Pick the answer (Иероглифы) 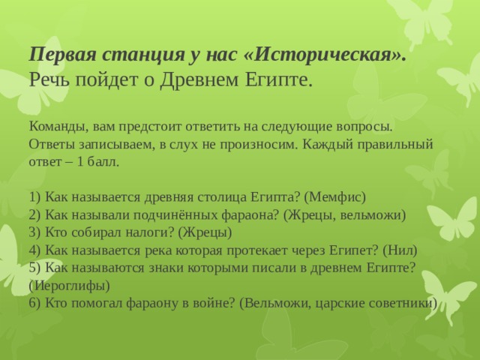[x=69, y=286]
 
